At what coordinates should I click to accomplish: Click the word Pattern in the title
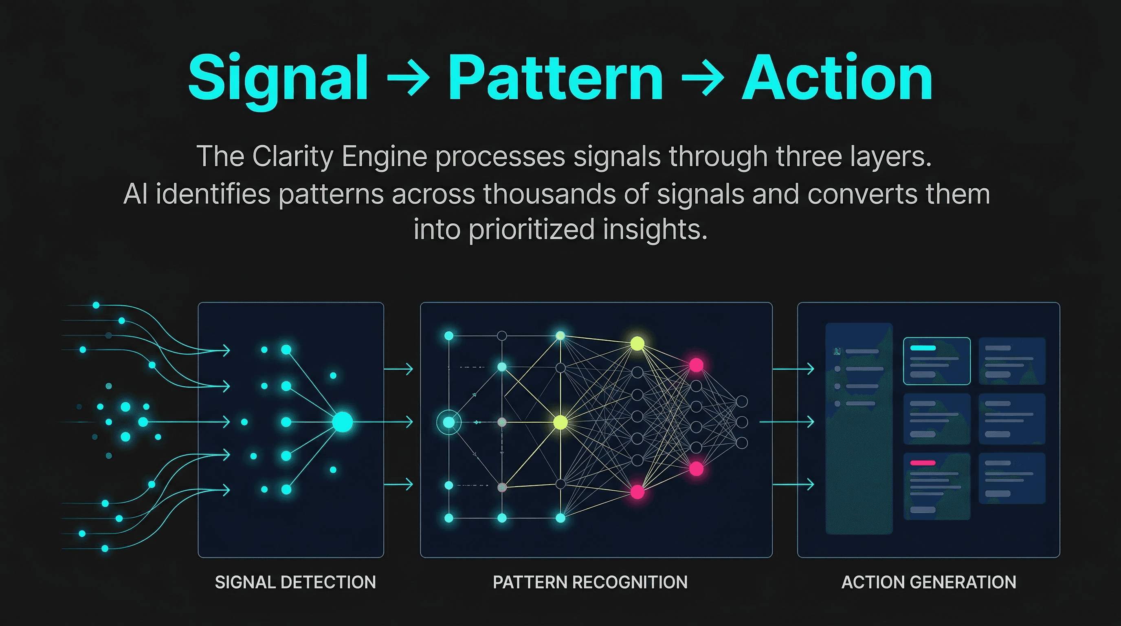coord(555,78)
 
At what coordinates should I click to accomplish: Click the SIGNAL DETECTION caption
coord(295,582)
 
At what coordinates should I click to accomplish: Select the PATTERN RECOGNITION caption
coord(590,582)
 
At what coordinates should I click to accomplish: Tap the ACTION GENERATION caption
coord(929,582)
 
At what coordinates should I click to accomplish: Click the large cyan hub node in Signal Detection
coord(343,422)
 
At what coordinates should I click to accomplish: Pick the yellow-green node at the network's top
coord(637,344)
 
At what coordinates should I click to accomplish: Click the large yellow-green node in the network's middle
coord(560,422)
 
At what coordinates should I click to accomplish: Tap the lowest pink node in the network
coord(637,492)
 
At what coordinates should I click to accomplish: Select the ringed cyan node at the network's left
coord(448,422)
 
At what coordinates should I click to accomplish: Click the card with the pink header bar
coord(936,486)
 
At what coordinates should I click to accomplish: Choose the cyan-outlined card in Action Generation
coord(936,361)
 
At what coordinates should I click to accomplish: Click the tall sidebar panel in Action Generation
coord(859,428)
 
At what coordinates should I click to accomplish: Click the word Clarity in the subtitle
coord(292,156)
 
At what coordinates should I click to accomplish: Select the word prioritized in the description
coord(531,229)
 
